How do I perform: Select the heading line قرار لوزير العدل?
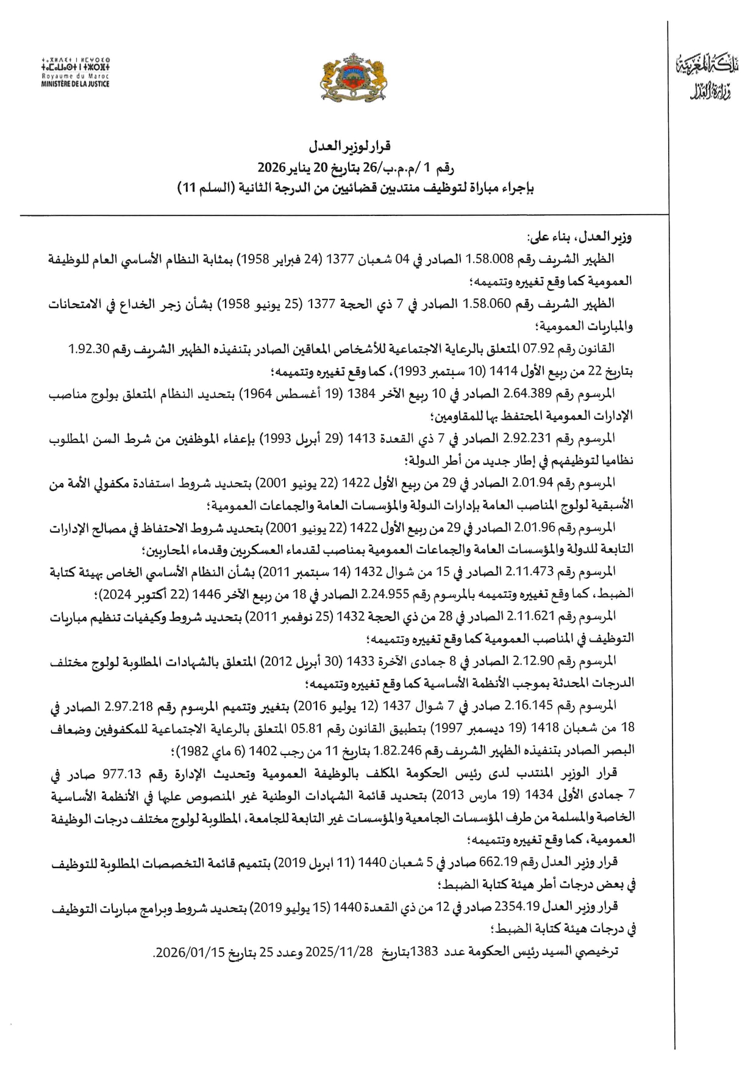[351, 146]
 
